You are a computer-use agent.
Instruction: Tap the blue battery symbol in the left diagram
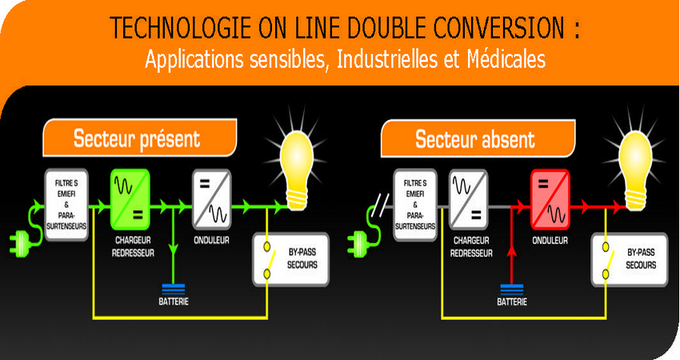(174, 288)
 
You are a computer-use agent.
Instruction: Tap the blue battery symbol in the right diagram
(513, 288)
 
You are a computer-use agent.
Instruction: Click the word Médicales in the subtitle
(503, 59)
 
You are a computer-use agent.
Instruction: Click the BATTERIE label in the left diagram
(174, 303)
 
